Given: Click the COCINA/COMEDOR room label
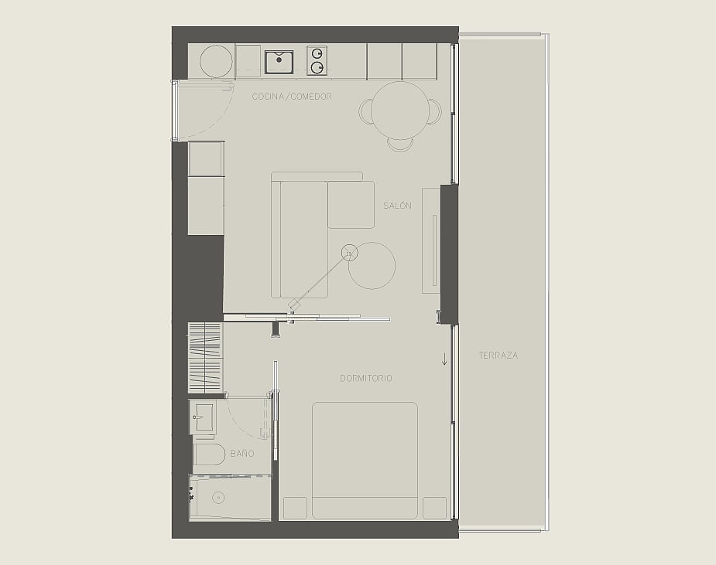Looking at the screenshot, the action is [292, 96].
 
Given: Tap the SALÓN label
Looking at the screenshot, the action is [397, 206].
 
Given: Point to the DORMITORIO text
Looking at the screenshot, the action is [366, 378].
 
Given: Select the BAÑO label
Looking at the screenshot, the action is [242, 453].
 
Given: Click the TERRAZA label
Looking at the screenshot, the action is [498, 356].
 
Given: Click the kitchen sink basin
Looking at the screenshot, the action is [279, 62].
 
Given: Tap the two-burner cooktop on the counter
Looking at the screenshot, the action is [317, 60].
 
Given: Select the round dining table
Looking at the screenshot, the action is [400, 111].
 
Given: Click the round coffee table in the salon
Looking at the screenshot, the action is [372, 265].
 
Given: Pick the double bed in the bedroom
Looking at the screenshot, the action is [365, 460].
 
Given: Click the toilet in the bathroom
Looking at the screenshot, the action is [210, 454].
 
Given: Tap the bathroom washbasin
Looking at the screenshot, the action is [201, 417].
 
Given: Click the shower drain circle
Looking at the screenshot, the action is [218, 498].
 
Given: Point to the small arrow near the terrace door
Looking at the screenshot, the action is [444, 359].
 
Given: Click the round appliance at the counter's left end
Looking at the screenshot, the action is [216, 62].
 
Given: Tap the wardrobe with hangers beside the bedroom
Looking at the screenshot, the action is [205, 358].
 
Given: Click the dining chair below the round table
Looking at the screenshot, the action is [400, 145].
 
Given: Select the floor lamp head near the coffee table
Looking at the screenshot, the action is [350, 253].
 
